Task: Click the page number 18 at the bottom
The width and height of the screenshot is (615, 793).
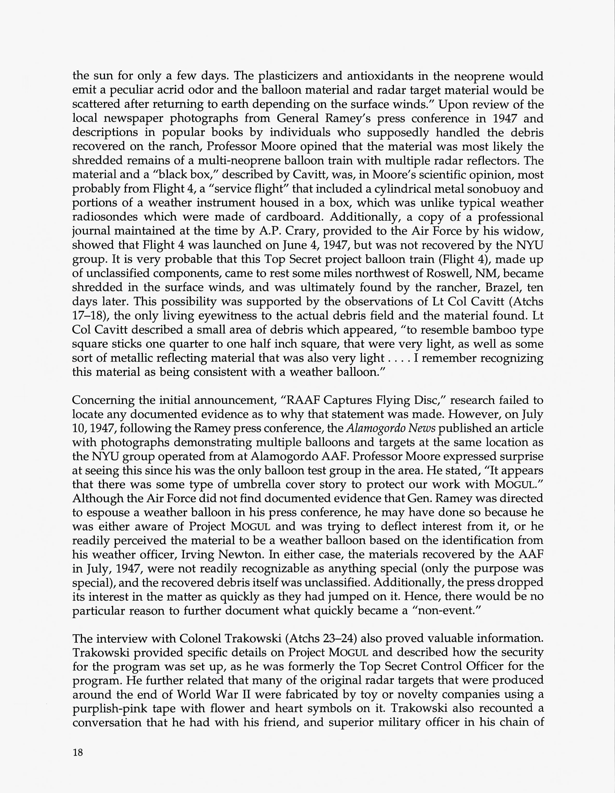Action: point(78,752)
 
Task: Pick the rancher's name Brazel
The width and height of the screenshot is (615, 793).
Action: point(502,287)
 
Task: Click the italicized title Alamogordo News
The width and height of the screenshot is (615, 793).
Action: point(391,428)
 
